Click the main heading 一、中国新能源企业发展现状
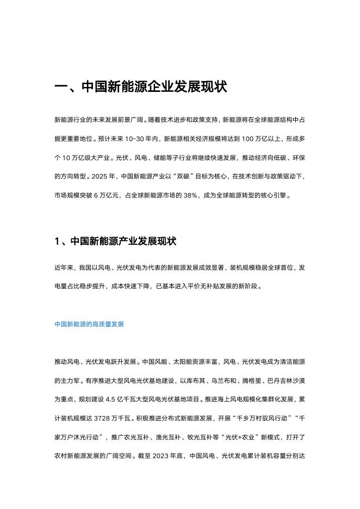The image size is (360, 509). click(141, 87)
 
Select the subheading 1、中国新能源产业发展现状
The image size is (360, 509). click(115, 242)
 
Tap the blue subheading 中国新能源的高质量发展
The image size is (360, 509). click(89, 325)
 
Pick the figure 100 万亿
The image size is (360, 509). click(244, 139)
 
